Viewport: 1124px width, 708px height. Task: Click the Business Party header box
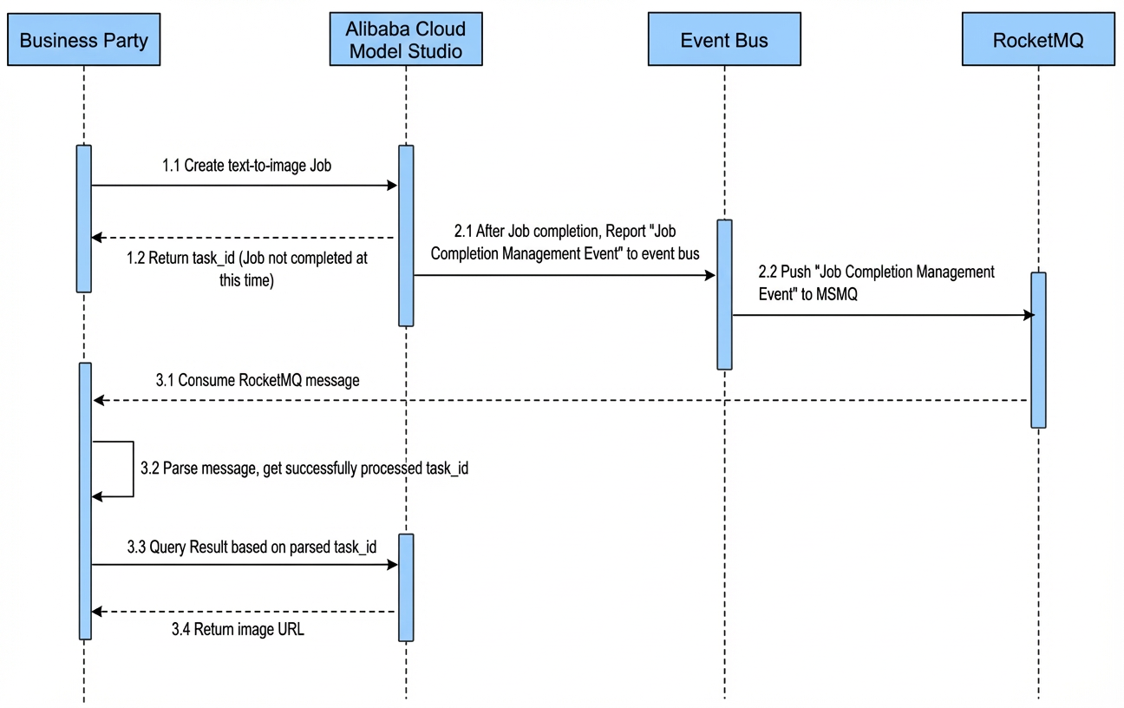(x=84, y=39)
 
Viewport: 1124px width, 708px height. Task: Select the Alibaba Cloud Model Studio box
(x=406, y=39)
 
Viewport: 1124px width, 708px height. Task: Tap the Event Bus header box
(x=724, y=39)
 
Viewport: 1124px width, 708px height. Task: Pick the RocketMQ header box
(x=1038, y=39)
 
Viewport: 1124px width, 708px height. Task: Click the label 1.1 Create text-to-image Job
(x=246, y=165)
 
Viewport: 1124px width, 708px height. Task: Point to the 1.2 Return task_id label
(x=246, y=269)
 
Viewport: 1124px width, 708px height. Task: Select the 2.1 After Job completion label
(x=565, y=242)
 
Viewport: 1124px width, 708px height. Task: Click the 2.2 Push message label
(x=876, y=283)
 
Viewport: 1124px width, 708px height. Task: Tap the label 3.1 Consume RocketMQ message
(x=258, y=380)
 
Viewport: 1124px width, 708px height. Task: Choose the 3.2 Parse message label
(x=304, y=468)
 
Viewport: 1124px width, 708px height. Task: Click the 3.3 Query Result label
(x=252, y=547)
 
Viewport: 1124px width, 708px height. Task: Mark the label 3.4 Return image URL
(x=238, y=629)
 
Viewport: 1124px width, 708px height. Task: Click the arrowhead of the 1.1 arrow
(x=392, y=186)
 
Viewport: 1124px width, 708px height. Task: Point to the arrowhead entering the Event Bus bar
(x=710, y=275)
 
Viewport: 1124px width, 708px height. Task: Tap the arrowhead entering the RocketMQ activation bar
(x=1029, y=315)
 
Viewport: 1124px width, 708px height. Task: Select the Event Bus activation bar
(x=724, y=295)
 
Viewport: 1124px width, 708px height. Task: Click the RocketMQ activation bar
(x=1038, y=350)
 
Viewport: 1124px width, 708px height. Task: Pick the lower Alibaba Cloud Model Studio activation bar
(x=406, y=587)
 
